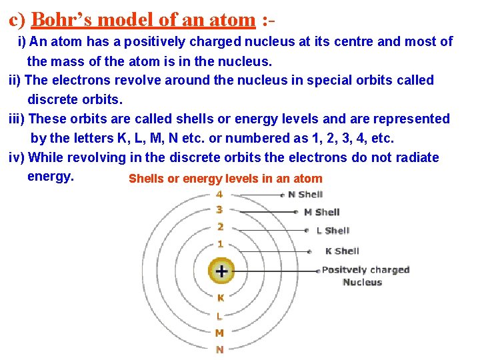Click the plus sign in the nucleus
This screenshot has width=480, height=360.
pyautogui.click(x=221, y=271)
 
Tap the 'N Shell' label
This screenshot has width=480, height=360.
pyautogui.click(x=305, y=195)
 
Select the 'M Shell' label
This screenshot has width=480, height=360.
pyautogui.click(x=321, y=212)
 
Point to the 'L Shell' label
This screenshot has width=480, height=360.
pyautogui.click(x=333, y=231)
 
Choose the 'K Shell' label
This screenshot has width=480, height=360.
pyautogui.click(x=342, y=251)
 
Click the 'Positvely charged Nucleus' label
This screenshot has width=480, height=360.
pyautogui.click(x=365, y=276)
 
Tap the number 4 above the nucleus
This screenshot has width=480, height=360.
pyautogui.click(x=219, y=195)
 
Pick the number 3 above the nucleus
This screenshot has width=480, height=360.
pyautogui.click(x=219, y=210)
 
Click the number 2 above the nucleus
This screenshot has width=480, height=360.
pyautogui.click(x=219, y=227)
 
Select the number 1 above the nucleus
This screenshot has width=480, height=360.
pyautogui.click(x=220, y=245)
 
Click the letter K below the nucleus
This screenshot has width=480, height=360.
pyautogui.click(x=220, y=298)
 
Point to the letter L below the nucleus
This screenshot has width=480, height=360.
pyautogui.click(x=219, y=316)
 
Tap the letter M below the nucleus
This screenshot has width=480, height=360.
pyautogui.click(x=219, y=333)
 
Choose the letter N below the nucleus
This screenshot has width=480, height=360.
pyautogui.click(x=219, y=349)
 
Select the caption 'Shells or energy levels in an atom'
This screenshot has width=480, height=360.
pyautogui.click(x=225, y=179)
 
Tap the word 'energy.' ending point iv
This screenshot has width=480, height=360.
pyautogui.click(x=50, y=177)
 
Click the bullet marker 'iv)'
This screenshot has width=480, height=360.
pyautogui.click(x=17, y=157)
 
